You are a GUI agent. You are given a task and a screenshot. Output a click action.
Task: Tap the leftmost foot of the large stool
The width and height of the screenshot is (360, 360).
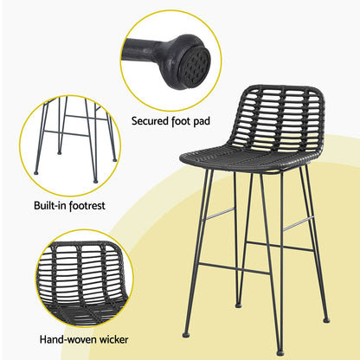coord(185,334)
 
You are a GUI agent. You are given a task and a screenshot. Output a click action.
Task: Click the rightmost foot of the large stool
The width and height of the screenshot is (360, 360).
coord(325,319)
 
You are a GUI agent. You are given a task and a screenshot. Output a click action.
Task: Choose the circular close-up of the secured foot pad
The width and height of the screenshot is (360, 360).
coord(170,52)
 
